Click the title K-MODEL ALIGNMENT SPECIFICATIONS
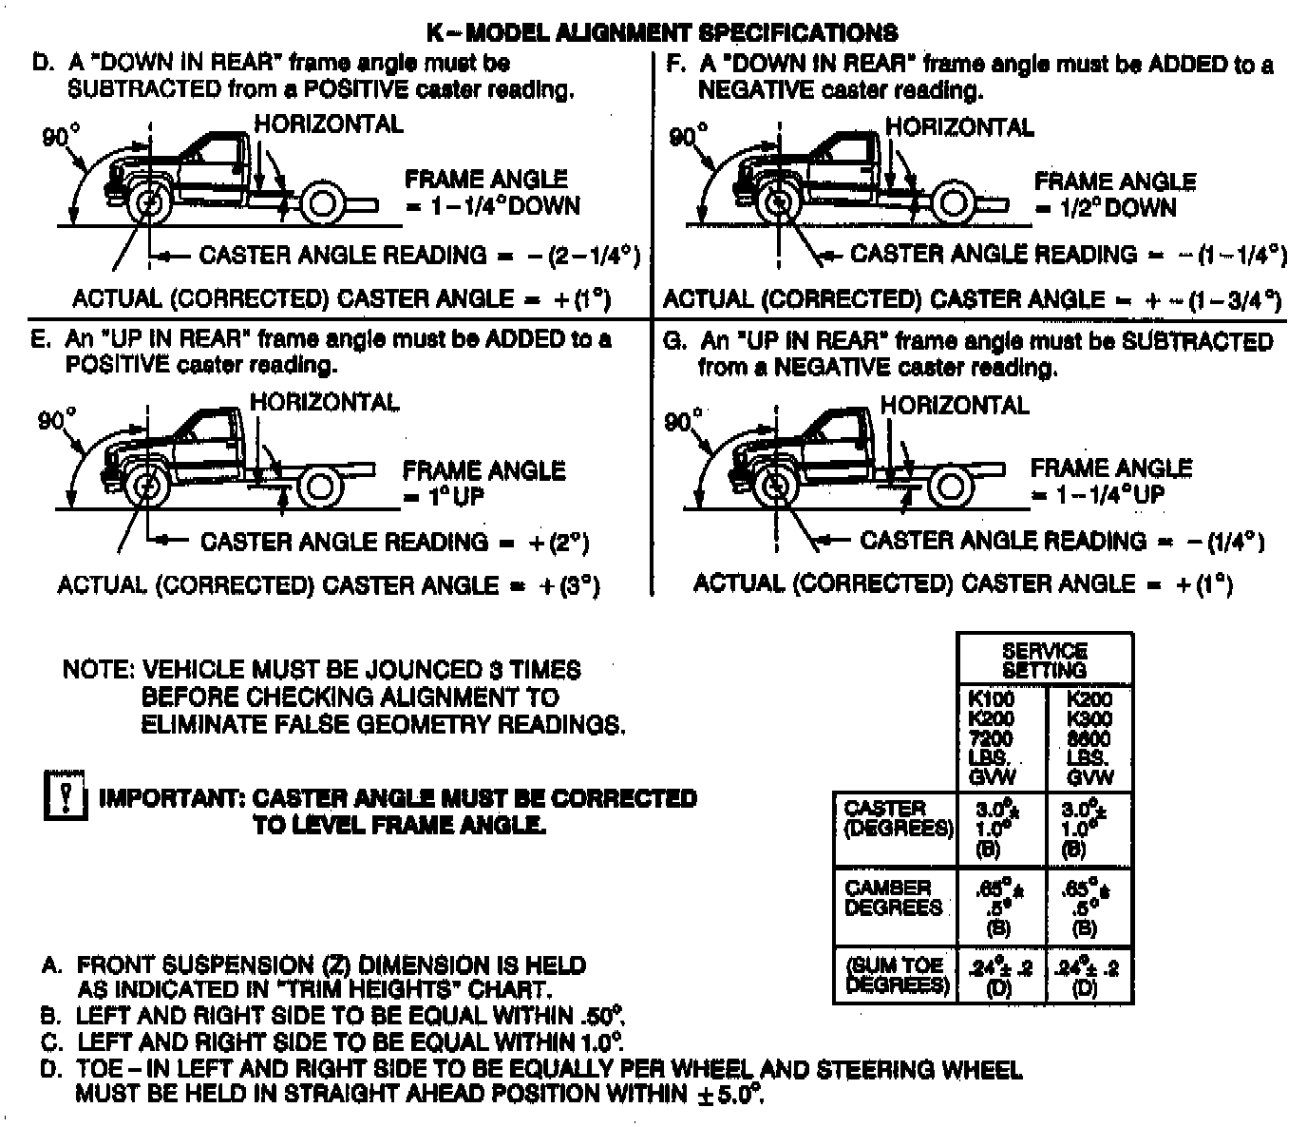pos(661,33)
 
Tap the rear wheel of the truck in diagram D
pos(321,203)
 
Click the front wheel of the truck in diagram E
pos(147,487)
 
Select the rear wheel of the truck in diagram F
pos(950,204)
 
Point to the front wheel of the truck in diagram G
pos(777,487)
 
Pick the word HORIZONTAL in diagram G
pos(954,406)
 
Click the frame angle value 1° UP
pos(444,496)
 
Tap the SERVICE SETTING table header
pos(1044,659)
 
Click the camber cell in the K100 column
pos(1000,906)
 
